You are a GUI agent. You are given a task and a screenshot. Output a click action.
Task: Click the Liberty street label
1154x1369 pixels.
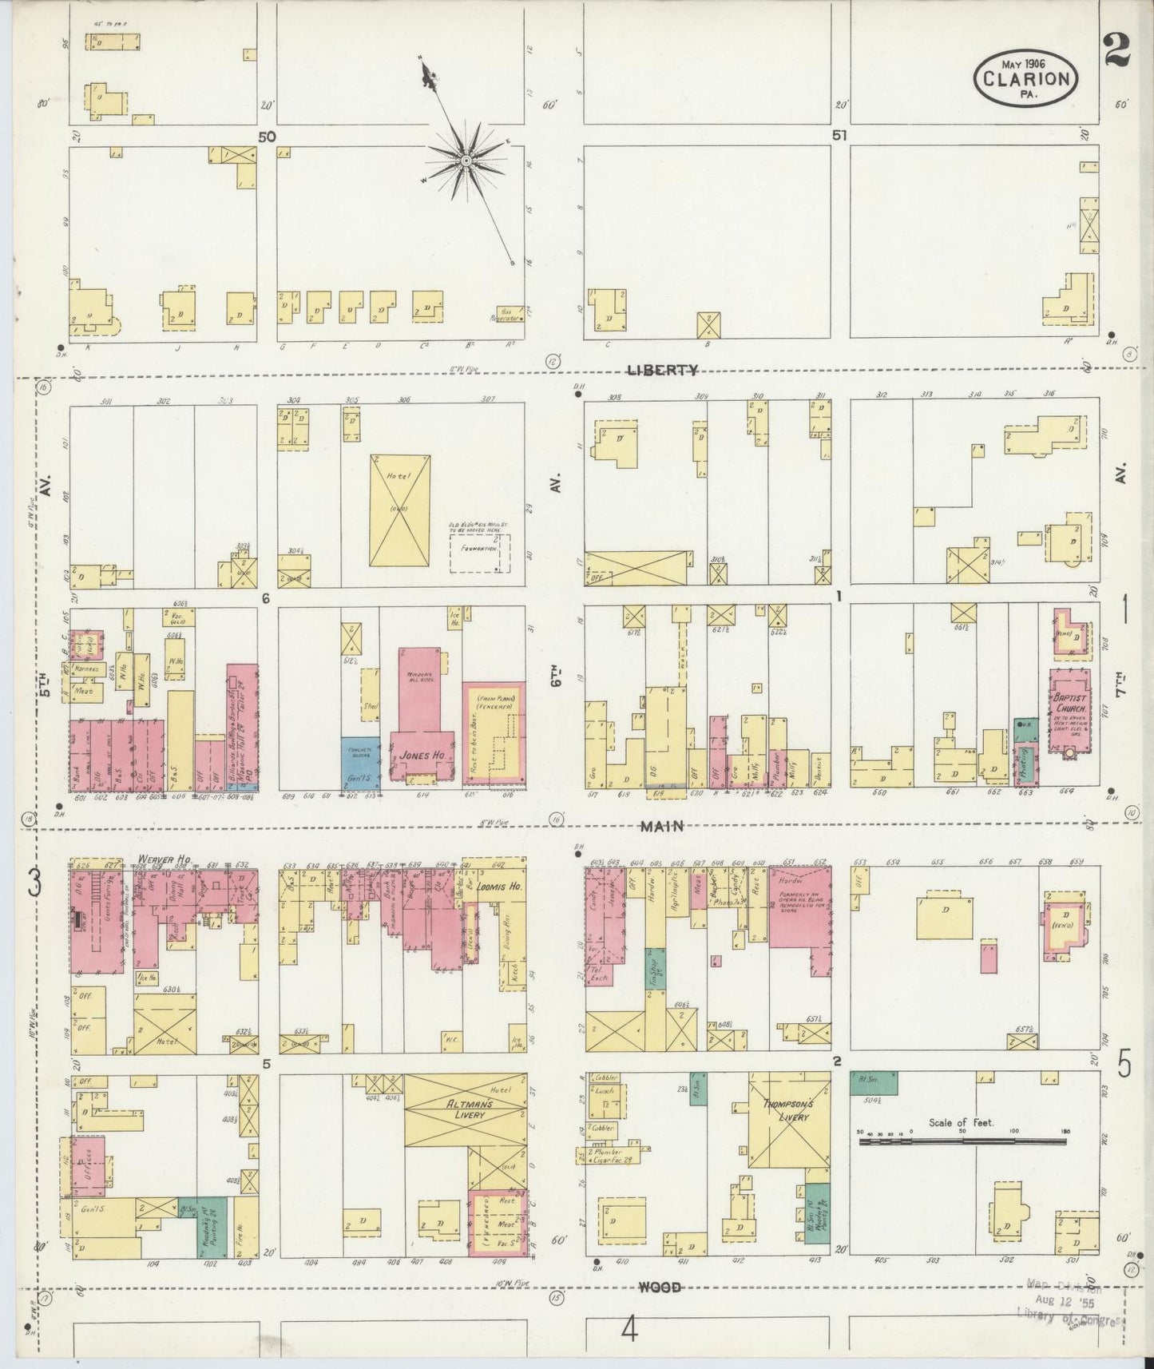(662, 370)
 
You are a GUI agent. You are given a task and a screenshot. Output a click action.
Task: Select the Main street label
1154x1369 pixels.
(662, 826)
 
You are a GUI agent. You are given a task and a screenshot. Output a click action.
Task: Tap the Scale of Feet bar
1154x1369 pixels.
(965, 1141)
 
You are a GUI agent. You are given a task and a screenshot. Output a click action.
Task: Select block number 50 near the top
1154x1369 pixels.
(267, 137)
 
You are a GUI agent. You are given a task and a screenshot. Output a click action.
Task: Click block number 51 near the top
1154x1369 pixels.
(839, 137)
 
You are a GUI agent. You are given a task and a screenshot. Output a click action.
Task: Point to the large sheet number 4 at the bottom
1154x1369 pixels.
(630, 1331)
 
